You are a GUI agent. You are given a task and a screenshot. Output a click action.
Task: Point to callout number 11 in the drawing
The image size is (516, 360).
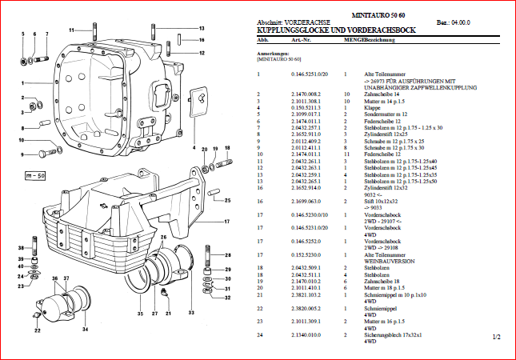click(x=70, y=30)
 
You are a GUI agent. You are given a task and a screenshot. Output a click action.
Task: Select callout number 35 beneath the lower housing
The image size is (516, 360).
click(x=138, y=313)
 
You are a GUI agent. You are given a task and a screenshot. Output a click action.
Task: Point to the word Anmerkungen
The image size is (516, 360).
click(x=272, y=54)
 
